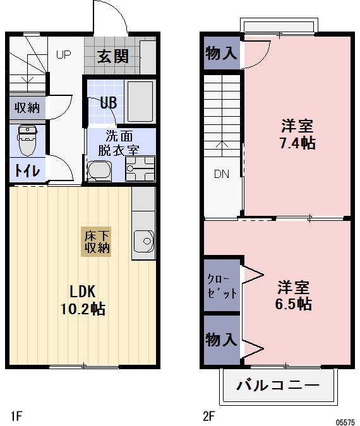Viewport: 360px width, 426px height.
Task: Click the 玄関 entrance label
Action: pyautogui.click(x=113, y=56)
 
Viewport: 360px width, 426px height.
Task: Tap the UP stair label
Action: pyautogui.click(x=63, y=54)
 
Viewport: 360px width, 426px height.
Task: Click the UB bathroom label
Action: pyautogui.click(x=107, y=103)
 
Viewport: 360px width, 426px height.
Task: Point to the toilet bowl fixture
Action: pyautogui.click(x=27, y=139)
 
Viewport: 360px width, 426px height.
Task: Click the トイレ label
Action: pyautogui.click(x=27, y=170)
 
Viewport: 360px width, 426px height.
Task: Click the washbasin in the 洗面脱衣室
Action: pyautogui.click(x=99, y=170)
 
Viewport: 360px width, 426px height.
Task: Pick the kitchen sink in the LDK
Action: pyautogui.click(x=143, y=240)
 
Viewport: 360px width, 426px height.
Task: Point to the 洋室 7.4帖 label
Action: pyautogui.click(x=296, y=134)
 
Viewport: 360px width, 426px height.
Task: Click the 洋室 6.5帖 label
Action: pyautogui.click(x=294, y=295)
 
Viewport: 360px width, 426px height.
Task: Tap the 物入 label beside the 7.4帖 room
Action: pyautogui.click(x=222, y=54)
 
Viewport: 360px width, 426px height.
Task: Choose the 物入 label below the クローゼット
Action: pyautogui.click(x=222, y=340)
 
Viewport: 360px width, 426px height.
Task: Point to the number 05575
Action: pyautogui.click(x=345, y=420)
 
